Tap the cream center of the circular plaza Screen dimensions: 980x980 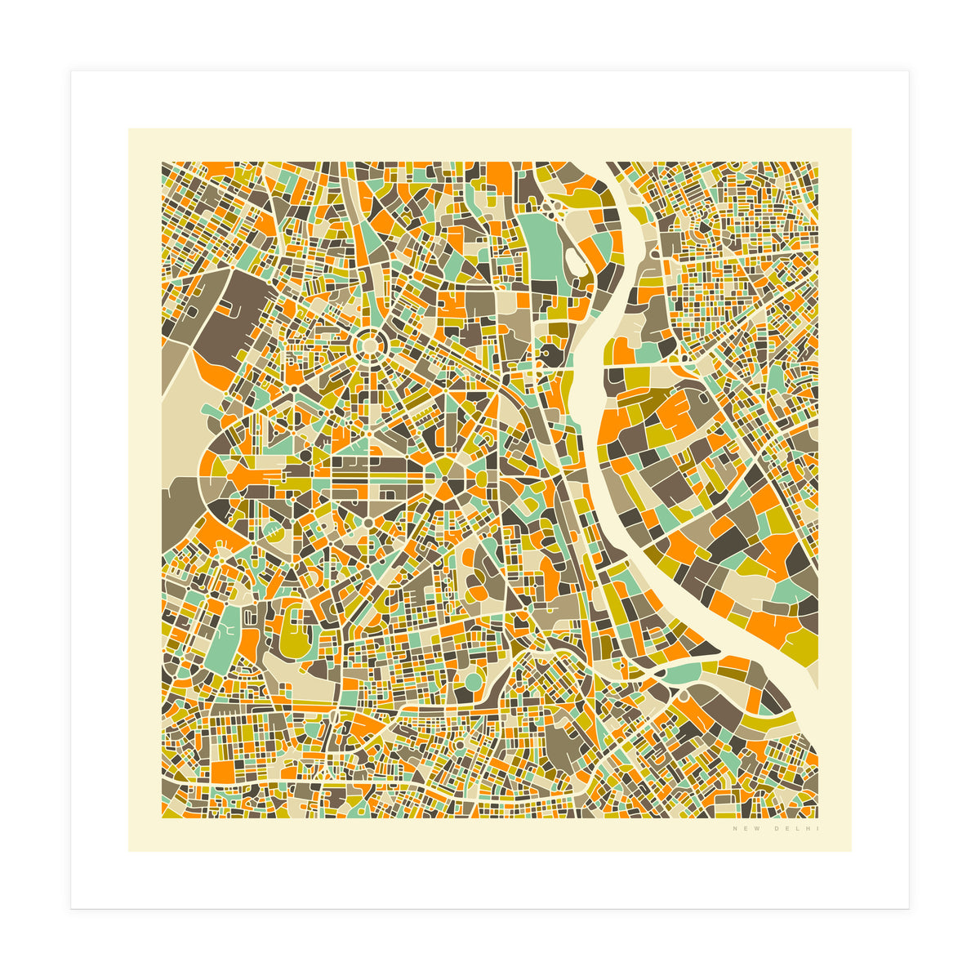click(x=370, y=345)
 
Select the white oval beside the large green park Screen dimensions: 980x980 click(x=572, y=262)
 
